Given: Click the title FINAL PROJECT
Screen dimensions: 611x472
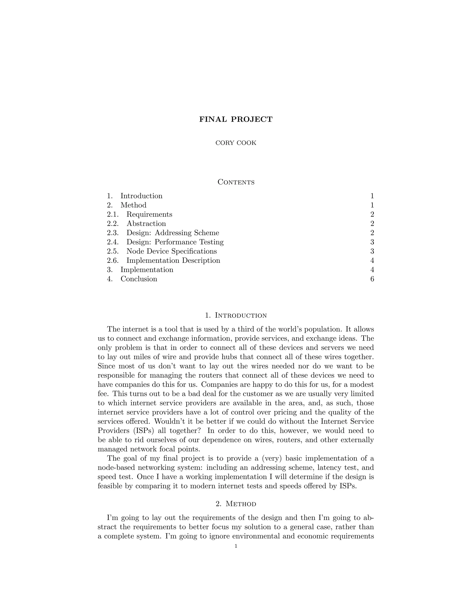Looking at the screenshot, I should pos(236,119).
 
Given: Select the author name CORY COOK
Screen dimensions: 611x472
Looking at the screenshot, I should pos(236,143).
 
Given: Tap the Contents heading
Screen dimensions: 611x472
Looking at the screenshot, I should pos(236,182).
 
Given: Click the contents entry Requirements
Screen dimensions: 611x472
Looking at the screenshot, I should pos(149,214).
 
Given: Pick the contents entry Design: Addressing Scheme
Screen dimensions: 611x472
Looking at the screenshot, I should pos(173,233).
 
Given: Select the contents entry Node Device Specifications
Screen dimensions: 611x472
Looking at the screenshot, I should pos(171,251).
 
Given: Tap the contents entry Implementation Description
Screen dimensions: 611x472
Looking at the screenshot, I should pos(173,261).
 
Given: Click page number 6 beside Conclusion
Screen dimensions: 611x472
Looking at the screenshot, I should pos(372,279).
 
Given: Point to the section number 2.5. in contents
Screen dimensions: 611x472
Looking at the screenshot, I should pos(113,251).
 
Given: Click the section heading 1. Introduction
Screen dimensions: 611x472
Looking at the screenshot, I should pos(236,316).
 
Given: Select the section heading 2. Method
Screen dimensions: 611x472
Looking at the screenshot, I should pos(236,504).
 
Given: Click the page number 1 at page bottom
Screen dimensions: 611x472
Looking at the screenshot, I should pos(236,546).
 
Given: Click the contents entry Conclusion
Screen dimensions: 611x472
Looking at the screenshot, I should pos(139,279).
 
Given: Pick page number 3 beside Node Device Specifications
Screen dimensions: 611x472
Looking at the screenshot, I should pos(372,251).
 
